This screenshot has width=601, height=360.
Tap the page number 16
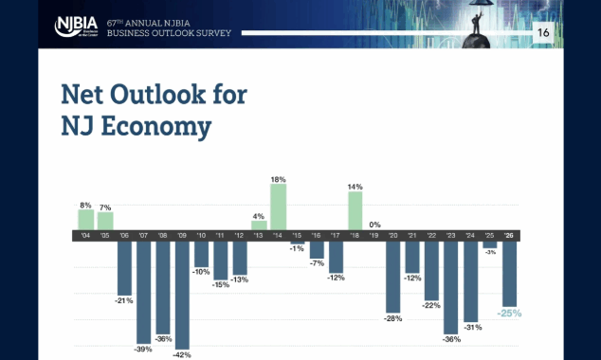click(x=543, y=33)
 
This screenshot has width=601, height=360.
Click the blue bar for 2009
click(x=182, y=295)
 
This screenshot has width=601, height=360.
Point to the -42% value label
click(x=182, y=354)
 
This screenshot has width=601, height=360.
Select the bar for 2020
click(x=393, y=277)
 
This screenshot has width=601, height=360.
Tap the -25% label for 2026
click(x=510, y=312)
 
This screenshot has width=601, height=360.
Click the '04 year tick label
click(x=85, y=235)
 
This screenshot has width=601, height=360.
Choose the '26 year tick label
click(x=509, y=235)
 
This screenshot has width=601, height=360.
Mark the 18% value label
click(x=279, y=178)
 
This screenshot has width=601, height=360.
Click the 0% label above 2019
click(x=374, y=224)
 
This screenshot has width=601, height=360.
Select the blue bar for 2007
click(x=143, y=291)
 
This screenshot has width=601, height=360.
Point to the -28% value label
click(x=393, y=318)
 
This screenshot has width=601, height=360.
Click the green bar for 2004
click(x=85, y=219)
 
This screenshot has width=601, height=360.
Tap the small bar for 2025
click(x=490, y=244)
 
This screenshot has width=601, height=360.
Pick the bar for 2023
click(x=452, y=287)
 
